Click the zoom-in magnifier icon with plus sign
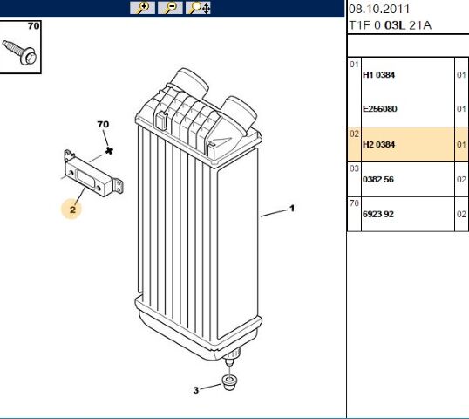click(x=141, y=8)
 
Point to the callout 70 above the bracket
click(x=103, y=126)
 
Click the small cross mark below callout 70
click(x=109, y=151)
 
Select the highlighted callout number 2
click(x=73, y=209)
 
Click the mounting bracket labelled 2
click(x=91, y=175)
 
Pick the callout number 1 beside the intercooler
click(x=292, y=209)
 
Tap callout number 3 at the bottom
click(x=196, y=389)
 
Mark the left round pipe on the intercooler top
click(x=191, y=86)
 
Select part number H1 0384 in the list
click(x=379, y=75)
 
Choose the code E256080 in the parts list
click(x=381, y=109)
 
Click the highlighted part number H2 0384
click(x=379, y=144)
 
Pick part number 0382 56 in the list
click(x=379, y=178)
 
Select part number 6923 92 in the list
click(x=379, y=213)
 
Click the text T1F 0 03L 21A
click(x=389, y=25)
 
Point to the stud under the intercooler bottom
click(x=232, y=358)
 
